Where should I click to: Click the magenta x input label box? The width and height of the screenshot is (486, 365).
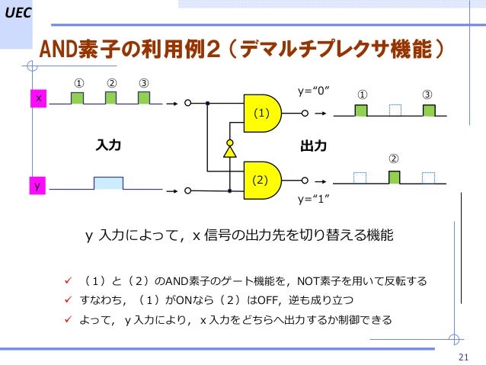tap(35, 99)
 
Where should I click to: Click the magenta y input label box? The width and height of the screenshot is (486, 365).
tap(35, 185)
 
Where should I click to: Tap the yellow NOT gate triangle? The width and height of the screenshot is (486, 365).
tap(229, 151)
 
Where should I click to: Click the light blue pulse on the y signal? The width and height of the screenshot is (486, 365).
tap(108, 182)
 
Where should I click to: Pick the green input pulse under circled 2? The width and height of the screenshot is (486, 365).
tap(110, 98)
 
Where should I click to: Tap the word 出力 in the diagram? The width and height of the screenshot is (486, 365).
tap(313, 145)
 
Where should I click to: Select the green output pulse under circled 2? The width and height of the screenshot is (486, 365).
tap(394, 178)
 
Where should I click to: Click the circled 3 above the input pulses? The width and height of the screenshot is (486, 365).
tap(143, 82)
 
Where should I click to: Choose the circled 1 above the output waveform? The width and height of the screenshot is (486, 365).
tap(362, 94)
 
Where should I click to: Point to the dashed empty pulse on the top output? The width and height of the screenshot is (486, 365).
tap(395, 110)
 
